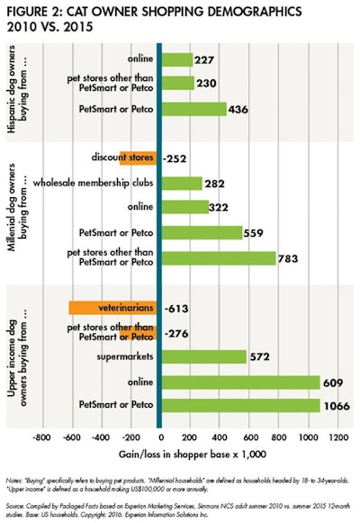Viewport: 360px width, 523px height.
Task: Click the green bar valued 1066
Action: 240,405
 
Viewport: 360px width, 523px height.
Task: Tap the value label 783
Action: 290,258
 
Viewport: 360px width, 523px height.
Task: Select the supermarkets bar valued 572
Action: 203,356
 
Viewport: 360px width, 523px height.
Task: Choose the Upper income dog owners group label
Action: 18,356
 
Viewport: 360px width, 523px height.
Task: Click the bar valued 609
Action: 239,381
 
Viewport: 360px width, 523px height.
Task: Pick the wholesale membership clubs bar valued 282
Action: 182,183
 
